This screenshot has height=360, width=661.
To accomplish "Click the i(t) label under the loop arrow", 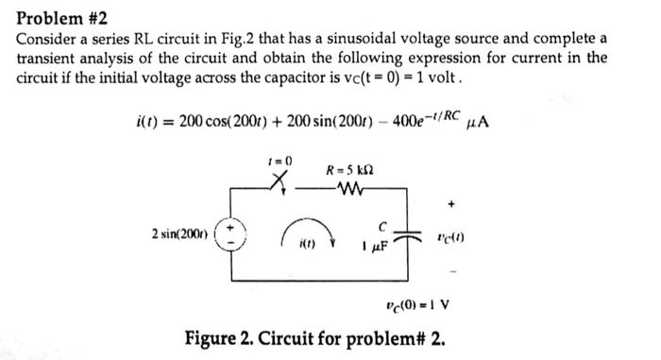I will [x=310, y=248].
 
